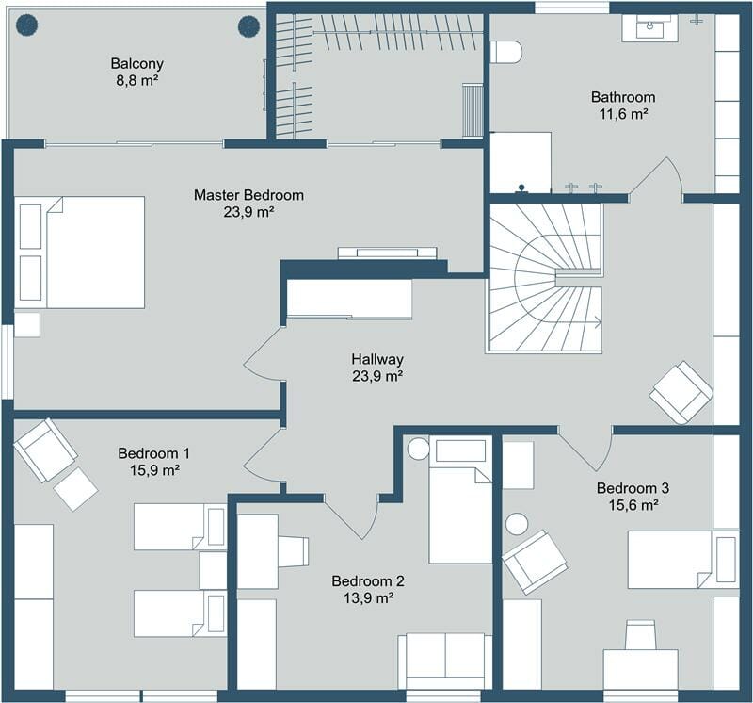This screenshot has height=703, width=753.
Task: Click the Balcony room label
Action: click(136, 64)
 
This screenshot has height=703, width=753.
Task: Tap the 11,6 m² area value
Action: click(622, 114)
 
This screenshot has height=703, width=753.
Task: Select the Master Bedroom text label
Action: click(248, 195)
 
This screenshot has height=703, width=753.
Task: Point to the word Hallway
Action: click(377, 359)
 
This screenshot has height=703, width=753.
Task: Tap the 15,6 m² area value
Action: click(633, 505)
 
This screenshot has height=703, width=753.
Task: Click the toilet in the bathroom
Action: click(505, 52)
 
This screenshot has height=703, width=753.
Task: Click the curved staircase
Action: click(545, 278)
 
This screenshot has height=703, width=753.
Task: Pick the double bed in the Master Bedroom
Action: click(83, 252)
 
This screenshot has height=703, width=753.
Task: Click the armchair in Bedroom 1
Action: click(45, 450)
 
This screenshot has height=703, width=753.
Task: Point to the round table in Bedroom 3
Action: click(517, 523)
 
